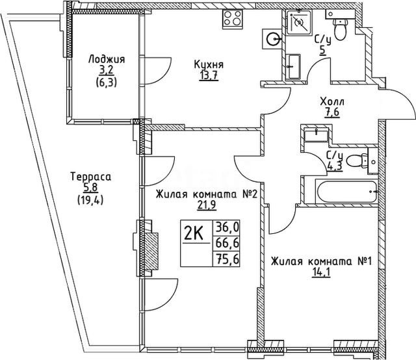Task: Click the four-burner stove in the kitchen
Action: [x=233, y=19]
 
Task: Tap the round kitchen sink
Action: [x=273, y=39]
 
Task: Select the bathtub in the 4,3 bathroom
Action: [x=346, y=191]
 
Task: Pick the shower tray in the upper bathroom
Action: [x=298, y=22]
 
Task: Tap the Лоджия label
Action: [x=107, y=59]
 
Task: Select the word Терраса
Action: [x=91, y=177]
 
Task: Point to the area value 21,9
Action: [x=207, y=205]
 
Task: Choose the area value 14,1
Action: [x=321, y=272]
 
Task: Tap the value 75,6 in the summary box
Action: [x=227, y=259]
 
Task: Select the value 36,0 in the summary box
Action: [x=227, y=227]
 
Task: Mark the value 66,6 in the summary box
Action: [x=227, y=243]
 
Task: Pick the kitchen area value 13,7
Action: [x=209, y=75]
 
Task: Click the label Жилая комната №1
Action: [x=321, y=262]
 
